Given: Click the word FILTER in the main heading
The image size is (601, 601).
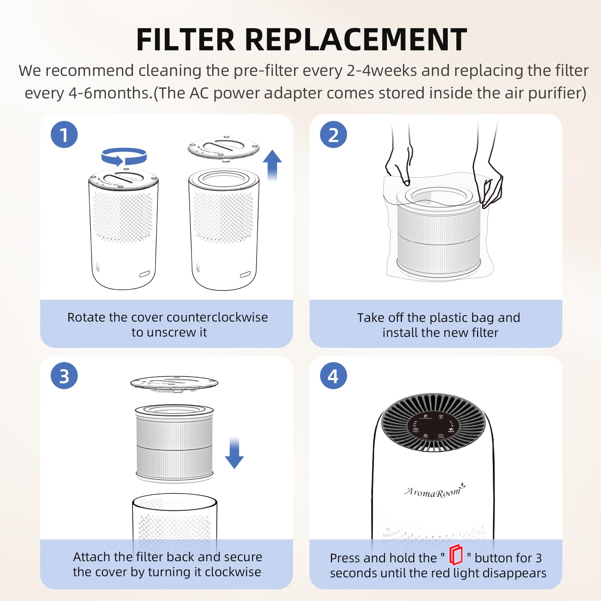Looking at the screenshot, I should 186,40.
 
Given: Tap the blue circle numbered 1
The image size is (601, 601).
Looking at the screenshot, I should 64,134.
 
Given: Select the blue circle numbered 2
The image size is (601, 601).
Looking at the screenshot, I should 333,134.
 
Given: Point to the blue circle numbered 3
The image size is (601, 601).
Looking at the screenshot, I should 64,376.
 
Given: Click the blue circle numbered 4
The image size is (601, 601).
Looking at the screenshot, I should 333,376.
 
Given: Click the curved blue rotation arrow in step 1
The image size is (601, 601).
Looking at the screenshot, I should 124,156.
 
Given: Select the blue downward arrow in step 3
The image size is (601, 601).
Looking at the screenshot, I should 234,453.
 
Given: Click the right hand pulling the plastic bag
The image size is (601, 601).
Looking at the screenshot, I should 488,177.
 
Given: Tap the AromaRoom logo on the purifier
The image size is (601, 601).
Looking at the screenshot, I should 434,491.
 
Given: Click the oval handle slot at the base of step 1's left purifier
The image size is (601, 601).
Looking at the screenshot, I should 145,274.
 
